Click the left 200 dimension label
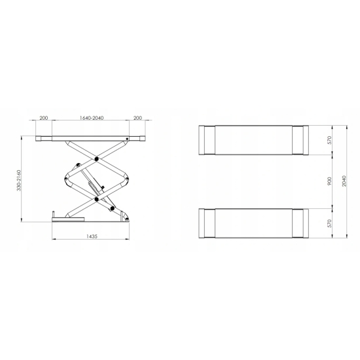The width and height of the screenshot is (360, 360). (x=44, y=118)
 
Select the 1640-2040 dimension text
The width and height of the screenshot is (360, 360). (x=92, y=118)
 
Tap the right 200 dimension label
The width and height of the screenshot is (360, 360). (x=137, y=118)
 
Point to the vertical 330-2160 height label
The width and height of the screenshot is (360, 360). (x=19, y=180)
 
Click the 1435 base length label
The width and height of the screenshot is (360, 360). (x=92, y=236)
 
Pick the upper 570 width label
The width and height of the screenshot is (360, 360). (x=329, y=140)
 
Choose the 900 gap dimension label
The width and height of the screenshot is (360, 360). (x=329, y=181)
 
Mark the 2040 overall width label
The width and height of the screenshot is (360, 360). (x=344, y=181)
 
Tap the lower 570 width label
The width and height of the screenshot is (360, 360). (x=329, y=223)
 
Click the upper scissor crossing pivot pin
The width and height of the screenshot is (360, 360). (x=96, y=159)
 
